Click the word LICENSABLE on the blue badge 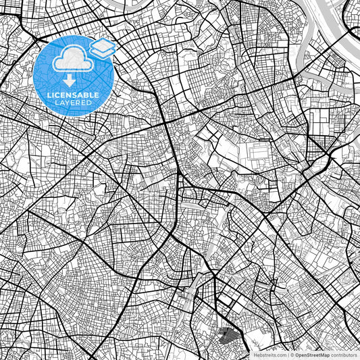pyautogui.click(x=73, y=94)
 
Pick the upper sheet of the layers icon pyautogui.click(x=103, y=44)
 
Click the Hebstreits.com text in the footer pyautogui.click(x=269, y=355)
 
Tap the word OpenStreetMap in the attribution pyautogui.click(x=312, y=355)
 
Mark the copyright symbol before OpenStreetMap pyautogui.click(x=292, y=355)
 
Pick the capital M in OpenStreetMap pyautogui.click(x=322, y=355)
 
